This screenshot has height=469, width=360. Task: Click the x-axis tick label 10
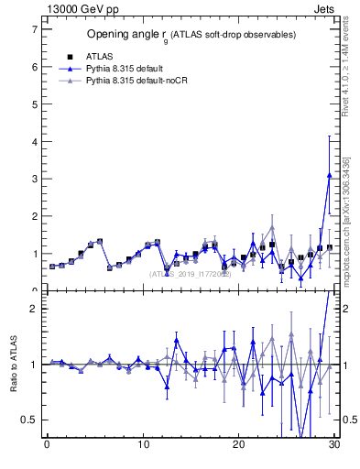[143, 445]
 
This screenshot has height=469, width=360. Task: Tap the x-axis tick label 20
[238, 445]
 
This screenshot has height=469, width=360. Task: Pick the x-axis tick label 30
[334, 445]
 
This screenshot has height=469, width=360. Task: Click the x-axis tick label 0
[47, 445]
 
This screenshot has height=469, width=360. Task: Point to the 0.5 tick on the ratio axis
[28, 420]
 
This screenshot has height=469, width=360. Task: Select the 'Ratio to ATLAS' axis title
[13, 364]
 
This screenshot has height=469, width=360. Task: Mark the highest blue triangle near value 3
[329, 175]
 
